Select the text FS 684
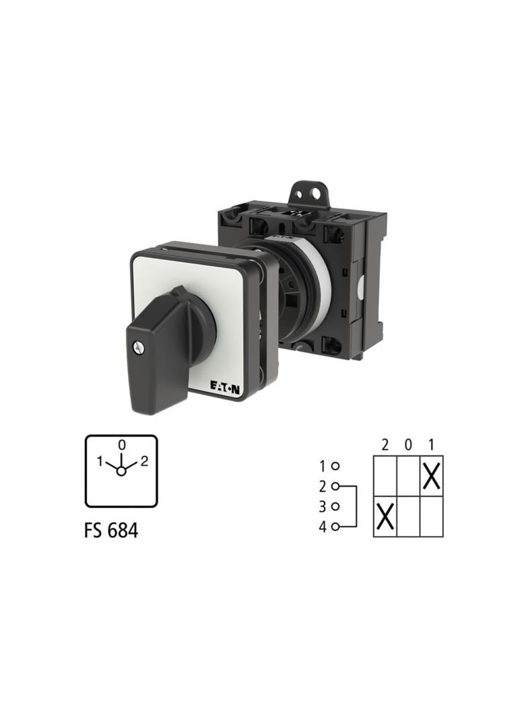click(x=111, y=530)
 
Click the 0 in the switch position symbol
click(x=121, y=444)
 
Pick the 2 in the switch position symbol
click(x=144, y=461)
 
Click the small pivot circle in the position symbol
click(x=121, y=471)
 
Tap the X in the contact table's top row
click(x=432, y=476)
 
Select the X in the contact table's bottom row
click(x=385, y=516)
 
